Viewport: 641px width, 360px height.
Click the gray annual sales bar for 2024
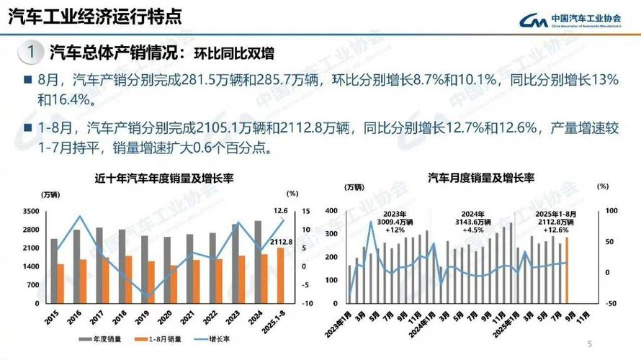click(258, 263)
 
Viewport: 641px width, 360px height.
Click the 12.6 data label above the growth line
click(281, 210)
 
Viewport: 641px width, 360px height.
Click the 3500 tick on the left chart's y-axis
click(31, 211)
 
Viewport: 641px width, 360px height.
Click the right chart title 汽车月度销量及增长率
click(480, 177)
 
